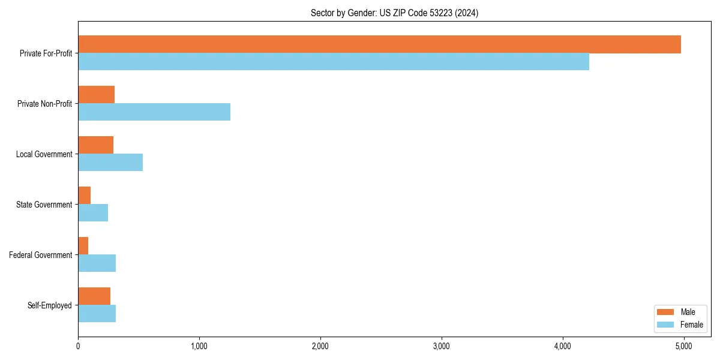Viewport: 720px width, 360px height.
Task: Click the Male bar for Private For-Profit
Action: [379, 44]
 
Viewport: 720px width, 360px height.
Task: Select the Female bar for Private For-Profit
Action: [334, 62]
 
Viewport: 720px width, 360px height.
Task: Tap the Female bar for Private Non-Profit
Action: [154, 112]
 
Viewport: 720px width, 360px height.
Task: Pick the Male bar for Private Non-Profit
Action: [96, 95]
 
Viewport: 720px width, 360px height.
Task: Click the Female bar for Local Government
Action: [110, 163]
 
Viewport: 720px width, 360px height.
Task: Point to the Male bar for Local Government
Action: [95, 145]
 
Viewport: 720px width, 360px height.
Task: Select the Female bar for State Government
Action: [93, 213]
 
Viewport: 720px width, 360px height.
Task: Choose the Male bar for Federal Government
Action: [83, 246]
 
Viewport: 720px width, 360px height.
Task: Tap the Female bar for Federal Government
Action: [97, 263]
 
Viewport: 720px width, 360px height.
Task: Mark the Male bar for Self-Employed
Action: [94, 296]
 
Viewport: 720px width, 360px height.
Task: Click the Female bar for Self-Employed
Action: [97, 314]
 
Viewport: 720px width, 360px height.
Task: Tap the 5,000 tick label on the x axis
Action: [683, 346]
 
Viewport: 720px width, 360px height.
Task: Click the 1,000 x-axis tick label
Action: [199, 346]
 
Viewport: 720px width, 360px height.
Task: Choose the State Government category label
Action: [44, 205]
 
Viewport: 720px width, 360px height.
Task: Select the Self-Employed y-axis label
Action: [49, 305]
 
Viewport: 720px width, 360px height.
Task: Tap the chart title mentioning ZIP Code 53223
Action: [394, 13]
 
